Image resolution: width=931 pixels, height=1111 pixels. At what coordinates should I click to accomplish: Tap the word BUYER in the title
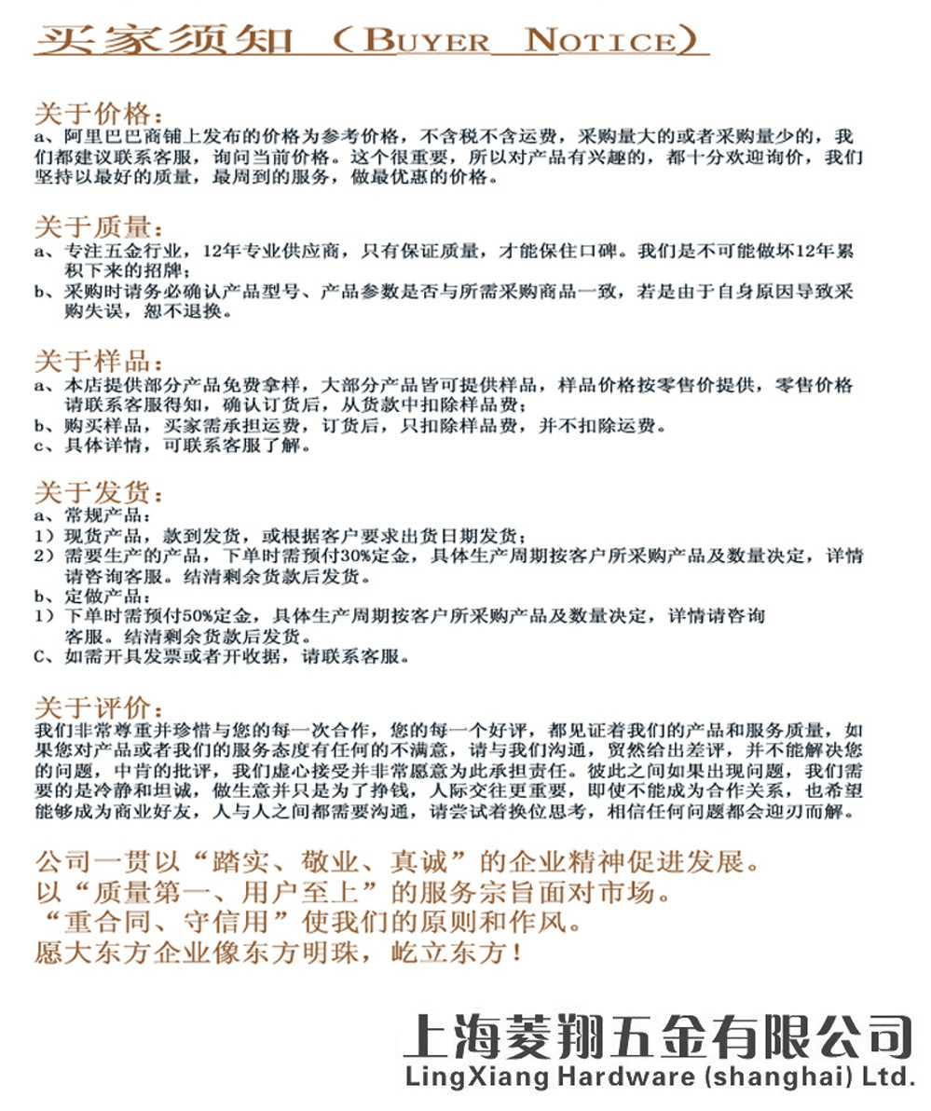click(426, 40)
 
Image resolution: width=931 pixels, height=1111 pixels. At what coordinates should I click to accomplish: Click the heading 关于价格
click(97, 115)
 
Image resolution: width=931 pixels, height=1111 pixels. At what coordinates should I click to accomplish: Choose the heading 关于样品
click(97, 362)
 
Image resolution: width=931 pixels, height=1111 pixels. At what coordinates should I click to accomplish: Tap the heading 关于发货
click(97, 493)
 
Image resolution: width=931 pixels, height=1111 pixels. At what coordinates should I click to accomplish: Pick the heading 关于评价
click(97, 706)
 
